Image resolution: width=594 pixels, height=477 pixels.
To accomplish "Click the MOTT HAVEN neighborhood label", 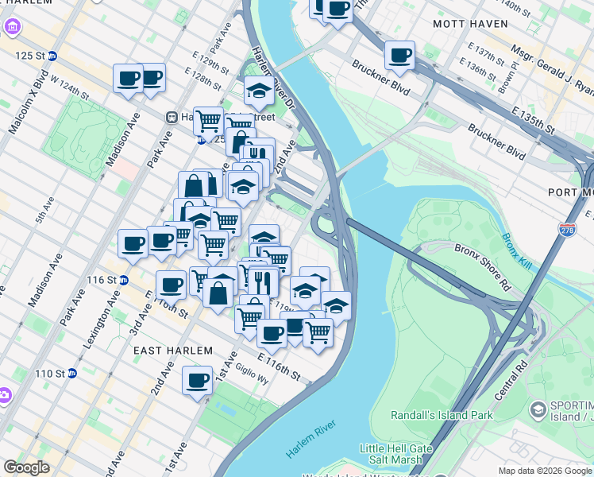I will [470, 24].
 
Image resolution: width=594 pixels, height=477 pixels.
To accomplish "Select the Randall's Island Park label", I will [442, 415].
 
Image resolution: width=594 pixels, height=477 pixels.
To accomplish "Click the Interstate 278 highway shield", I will [567, 230].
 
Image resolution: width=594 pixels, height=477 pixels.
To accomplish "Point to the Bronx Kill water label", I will [513, 249].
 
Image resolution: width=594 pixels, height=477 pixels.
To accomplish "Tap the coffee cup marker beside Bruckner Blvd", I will [400, 56].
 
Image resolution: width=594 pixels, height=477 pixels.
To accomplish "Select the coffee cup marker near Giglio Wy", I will [197, 380].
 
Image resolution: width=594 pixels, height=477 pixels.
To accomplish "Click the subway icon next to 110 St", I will [71, 373].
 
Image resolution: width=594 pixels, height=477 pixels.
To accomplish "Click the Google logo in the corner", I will [27, 467].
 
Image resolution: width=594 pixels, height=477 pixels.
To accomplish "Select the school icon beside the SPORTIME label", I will [538, 409].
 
